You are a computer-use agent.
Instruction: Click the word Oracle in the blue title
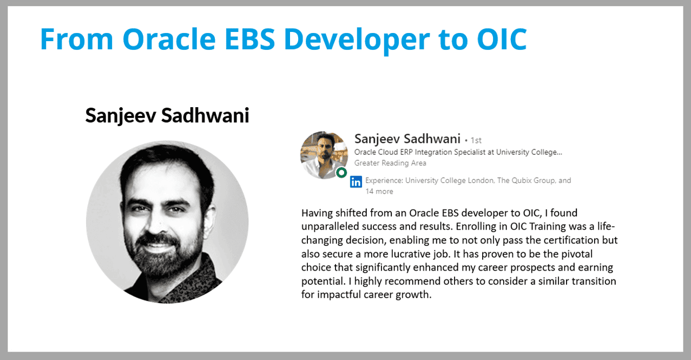click(x=169, y=39)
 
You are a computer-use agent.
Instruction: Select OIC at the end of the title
click(x=502, y=39)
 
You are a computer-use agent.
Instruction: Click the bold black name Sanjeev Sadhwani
click(x=167, y=116)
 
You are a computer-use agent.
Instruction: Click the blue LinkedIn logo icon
click(x=356, y=182)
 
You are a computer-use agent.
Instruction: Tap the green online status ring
click(x=341, y=173)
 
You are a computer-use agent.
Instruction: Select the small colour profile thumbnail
click(x=324, y=155)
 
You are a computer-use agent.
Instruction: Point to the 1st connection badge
click(x=476, y=140)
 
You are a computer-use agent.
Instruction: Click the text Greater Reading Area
click(x=390, y=163)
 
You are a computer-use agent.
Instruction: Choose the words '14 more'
click(x=379, y=192)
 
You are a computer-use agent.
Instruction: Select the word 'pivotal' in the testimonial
click(x=576, y=254)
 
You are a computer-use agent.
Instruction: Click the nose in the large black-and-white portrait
click(x=158, y=223)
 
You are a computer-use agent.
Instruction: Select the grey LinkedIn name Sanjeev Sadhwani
click(x=407, y=139)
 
